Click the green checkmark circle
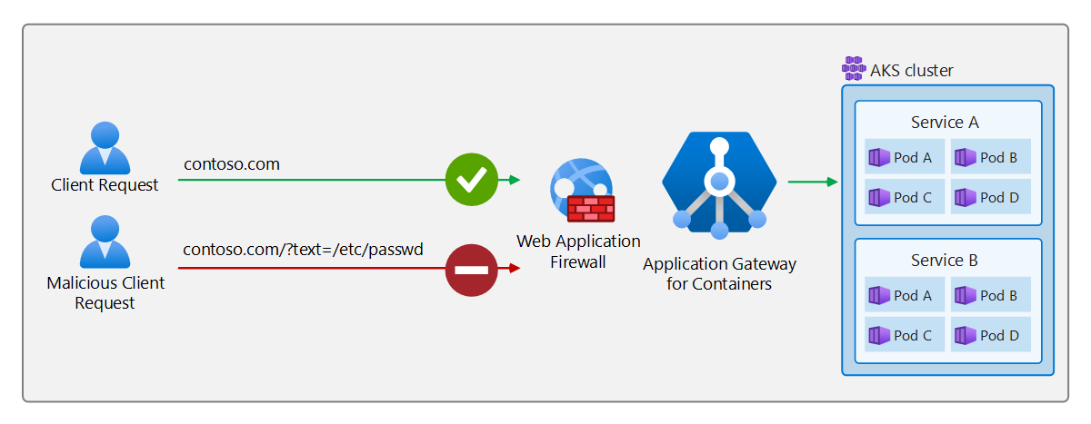pyautogui.click(x=471, y=180)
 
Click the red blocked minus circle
pyautogui.click(x=471, y=269)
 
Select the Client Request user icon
pyautogui.click(x=105, y=148)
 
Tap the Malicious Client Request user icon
pyautogui.click(x=105, y=242)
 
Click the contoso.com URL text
pyautogui.click(x=232, y=164)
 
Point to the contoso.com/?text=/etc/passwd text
pyautogui.click(x=303, y=249)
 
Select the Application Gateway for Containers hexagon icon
pyautogui.click(x=719, y=184)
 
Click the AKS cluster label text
pyautogui.click(x=912, y=71)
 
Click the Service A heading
pyautogui.click(x=945, y=123)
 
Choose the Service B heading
pyautogui.click(x=945, y=261)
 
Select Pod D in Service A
pyautogui.click(x=990, y=197)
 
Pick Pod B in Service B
pyautogui.click(x=990, y=295)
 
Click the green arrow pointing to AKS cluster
pyautogui.click(x=812, y=182)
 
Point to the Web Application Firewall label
pyautogui.click(x=578, y=251)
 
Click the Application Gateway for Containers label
pyautogui.click(x=719, y=274)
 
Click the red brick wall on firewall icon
pyautogui.click(x=591, y=209)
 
